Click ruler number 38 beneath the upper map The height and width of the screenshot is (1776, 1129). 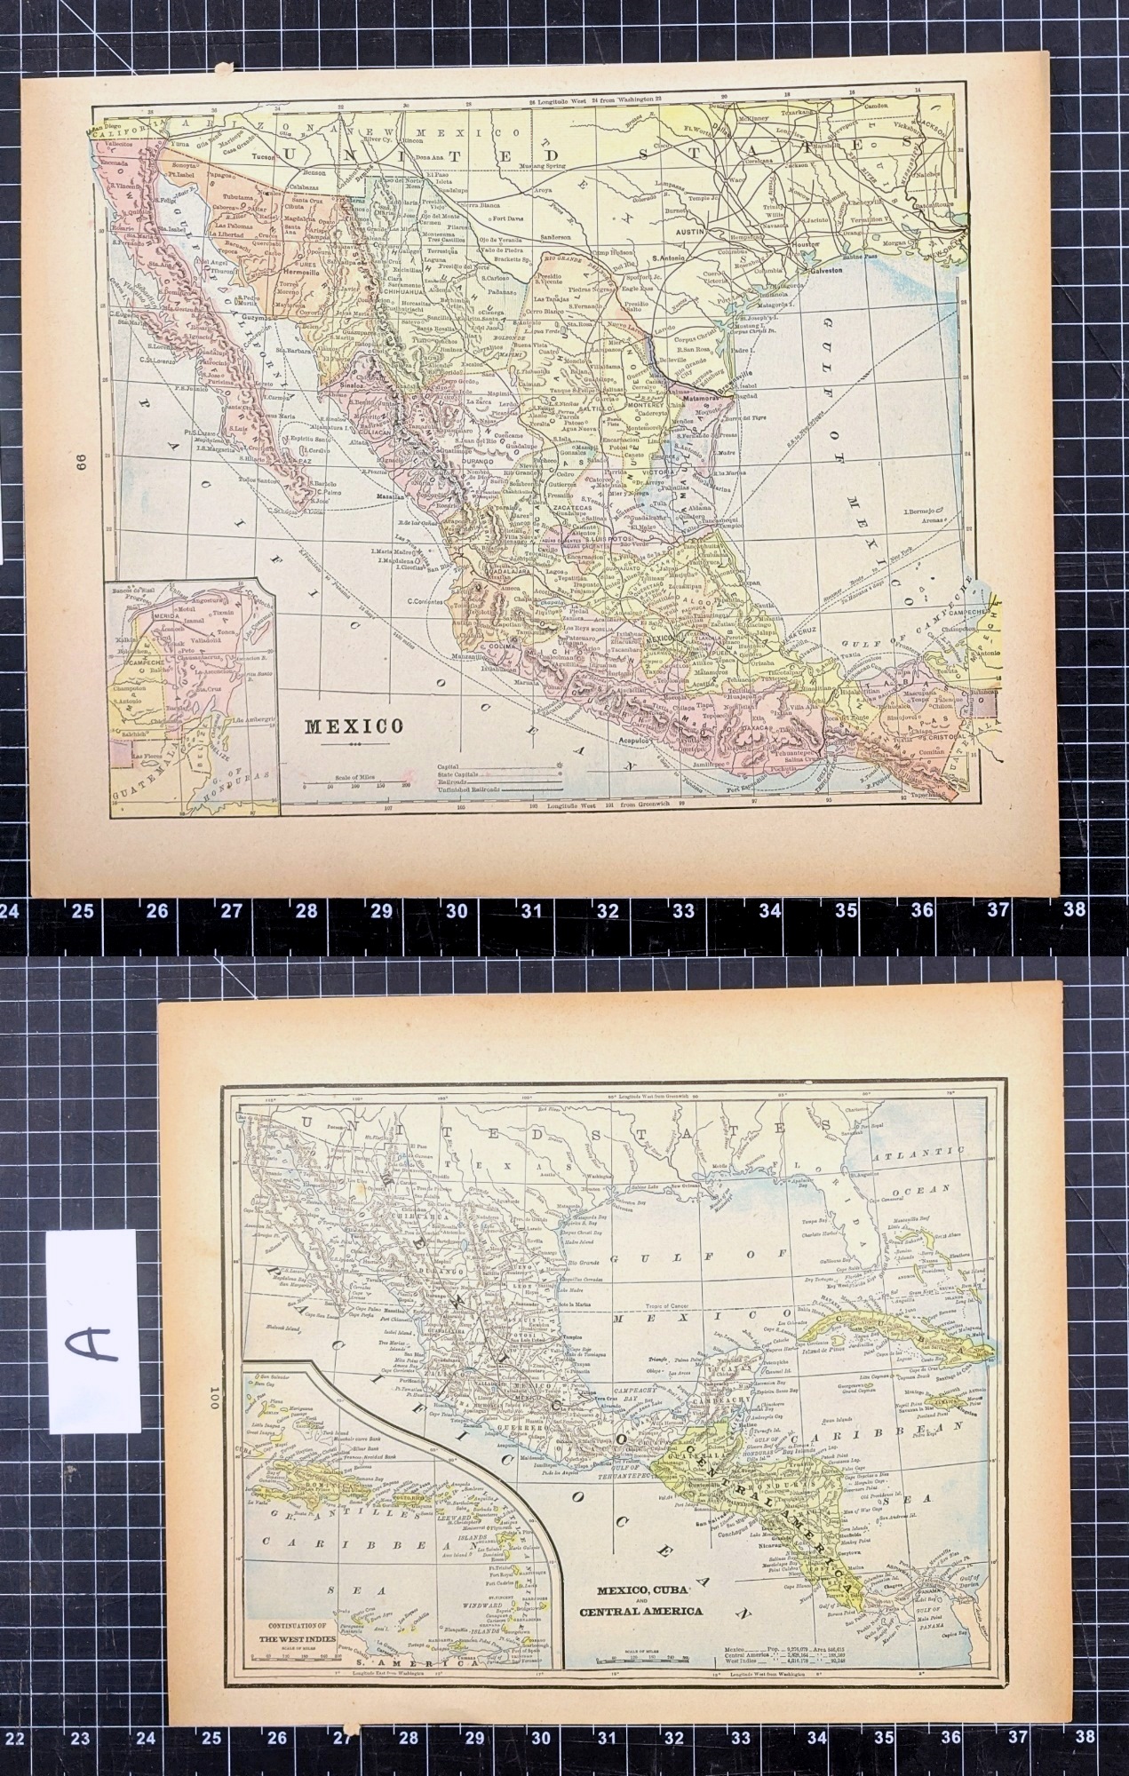(x=1075, y=910)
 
